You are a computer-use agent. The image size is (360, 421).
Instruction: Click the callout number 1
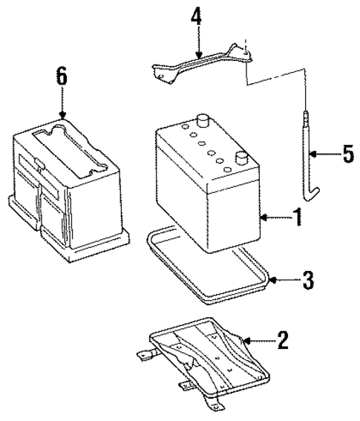tap(296, 220)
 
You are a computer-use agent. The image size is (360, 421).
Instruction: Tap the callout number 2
tap(281, 341)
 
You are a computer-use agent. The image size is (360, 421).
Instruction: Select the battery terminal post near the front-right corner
tap(241, 157)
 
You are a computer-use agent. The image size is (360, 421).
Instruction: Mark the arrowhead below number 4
tap(197, 56)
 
